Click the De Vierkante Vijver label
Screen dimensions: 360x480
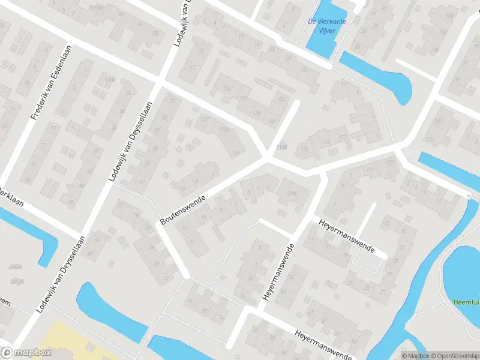coord(327,25)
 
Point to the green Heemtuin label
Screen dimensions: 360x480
coord(467,301)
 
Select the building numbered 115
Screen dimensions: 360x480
coord(293,193)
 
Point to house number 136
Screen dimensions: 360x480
coord(227,89)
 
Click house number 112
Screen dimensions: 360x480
coord(343,137)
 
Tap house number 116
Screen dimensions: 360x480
coord(326,142)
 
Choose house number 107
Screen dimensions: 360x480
coord(391,163)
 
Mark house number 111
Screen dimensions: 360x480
coord(370,170)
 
